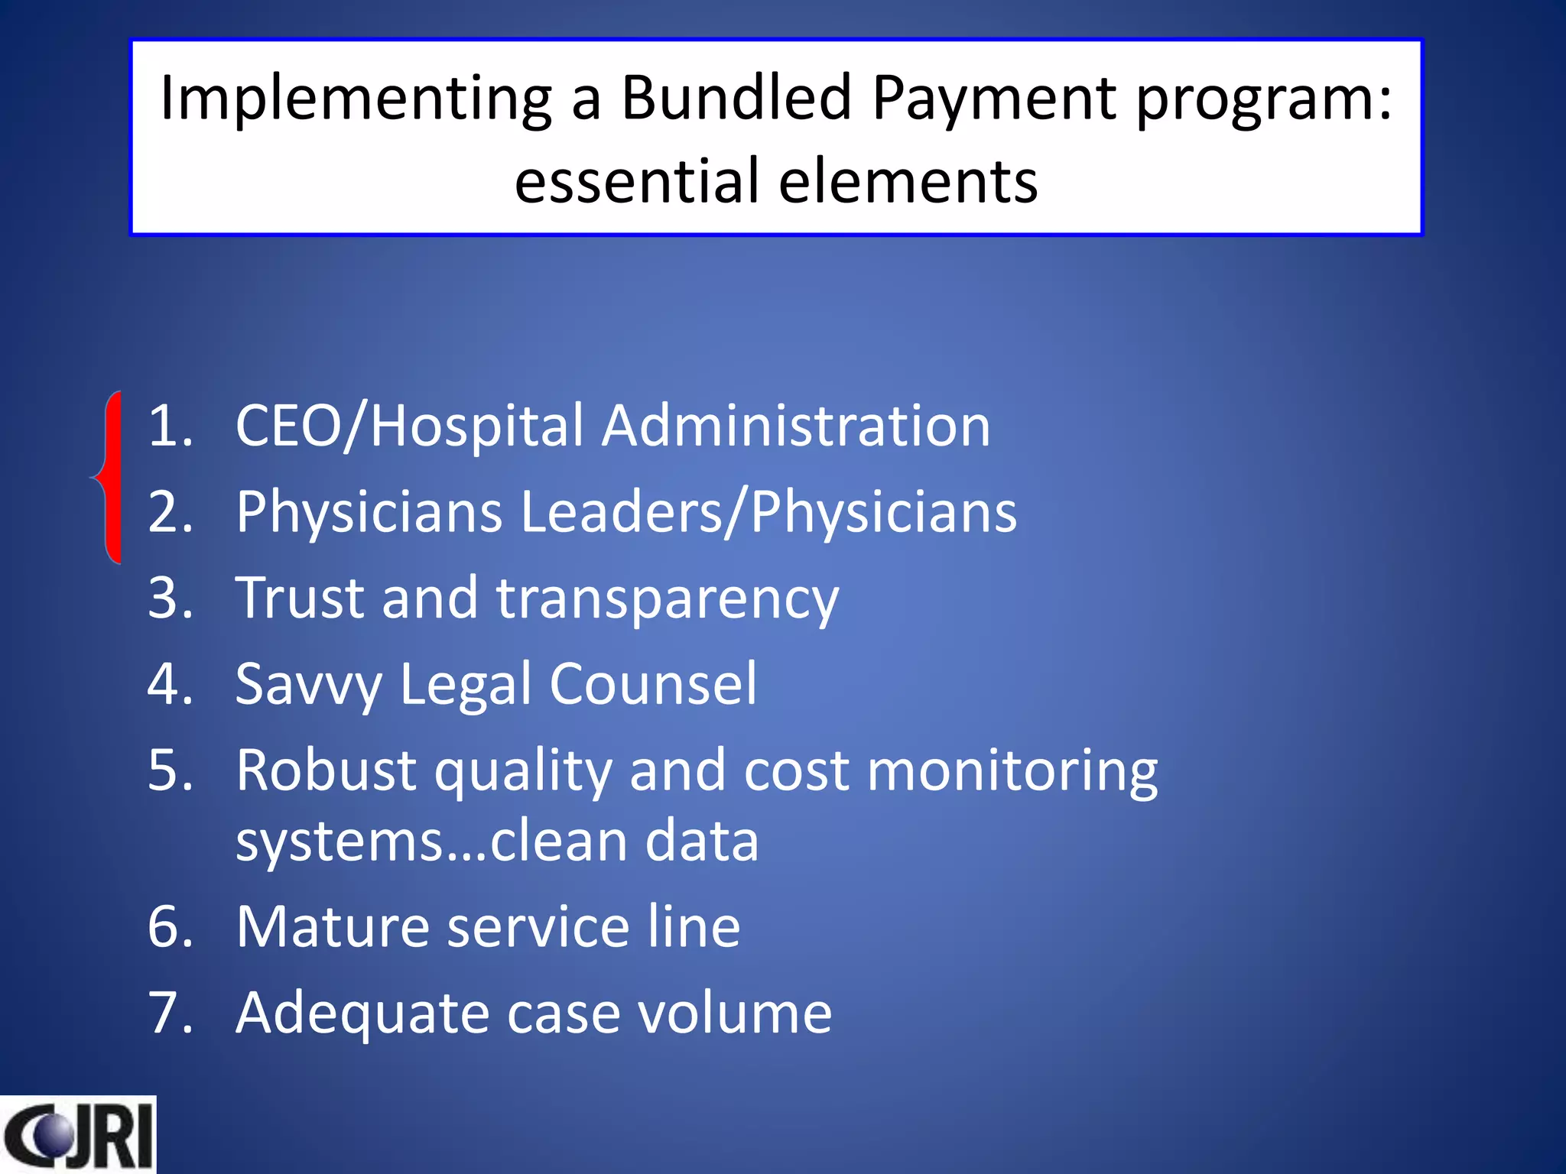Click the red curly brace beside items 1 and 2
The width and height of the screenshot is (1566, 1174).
tap(109, 478)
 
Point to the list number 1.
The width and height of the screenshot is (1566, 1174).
tap(170, 426)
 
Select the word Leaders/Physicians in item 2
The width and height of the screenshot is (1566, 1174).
tap(768, 511)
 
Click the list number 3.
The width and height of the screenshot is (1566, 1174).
tap(170, 598)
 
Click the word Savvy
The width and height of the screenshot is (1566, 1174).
tap(307, 684)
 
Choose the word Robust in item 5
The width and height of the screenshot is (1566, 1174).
tap(325, 770)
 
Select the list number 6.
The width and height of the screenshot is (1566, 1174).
tap(170, 927)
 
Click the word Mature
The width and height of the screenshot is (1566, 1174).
tap(332, 927)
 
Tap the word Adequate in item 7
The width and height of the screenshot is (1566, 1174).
tap(362, 1013)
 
